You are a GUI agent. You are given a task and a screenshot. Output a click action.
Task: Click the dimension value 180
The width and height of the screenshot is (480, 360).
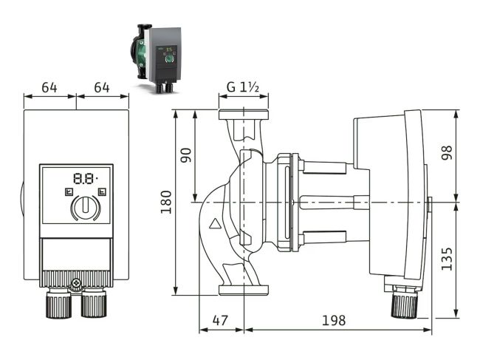click(x=166, y=200)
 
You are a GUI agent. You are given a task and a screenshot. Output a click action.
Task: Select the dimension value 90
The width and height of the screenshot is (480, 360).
click(x=186, y=154)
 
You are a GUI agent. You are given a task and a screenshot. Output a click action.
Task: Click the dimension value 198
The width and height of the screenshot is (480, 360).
click(x=334, y=321)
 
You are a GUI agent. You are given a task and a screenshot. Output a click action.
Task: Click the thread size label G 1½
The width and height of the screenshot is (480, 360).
click(x=243, y=87)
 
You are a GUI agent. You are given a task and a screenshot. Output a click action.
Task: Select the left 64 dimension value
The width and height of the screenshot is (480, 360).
click(x=49, y=87)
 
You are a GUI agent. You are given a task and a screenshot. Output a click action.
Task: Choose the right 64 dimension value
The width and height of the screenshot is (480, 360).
click(x=102, y=87)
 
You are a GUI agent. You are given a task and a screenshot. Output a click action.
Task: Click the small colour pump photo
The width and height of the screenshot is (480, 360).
click(x=157, y=58)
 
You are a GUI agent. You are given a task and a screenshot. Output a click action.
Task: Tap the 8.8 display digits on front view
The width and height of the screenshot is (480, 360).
click(x=83, y=178)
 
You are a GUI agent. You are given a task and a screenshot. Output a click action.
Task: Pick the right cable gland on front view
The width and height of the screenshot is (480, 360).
click(x=94, y=304)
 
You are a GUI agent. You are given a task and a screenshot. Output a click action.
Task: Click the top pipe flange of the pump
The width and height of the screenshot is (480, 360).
click(x=243, y=115)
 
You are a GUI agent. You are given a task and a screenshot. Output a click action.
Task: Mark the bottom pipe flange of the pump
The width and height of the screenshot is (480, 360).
click(x=243, y=290)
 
